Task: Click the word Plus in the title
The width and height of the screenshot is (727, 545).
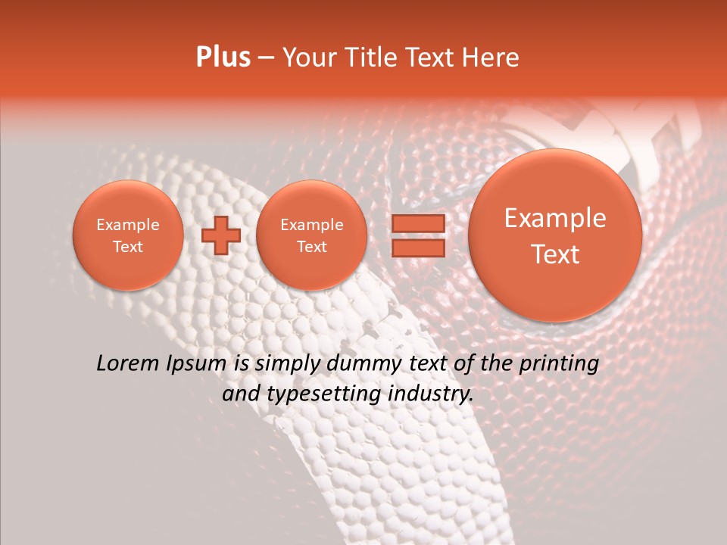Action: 223,58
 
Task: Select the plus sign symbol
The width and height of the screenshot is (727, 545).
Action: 220,235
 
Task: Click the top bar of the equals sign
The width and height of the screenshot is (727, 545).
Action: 417,223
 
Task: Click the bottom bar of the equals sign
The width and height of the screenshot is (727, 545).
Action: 417,248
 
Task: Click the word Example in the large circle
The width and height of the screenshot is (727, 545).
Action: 555,218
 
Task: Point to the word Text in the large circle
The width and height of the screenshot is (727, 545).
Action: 555,254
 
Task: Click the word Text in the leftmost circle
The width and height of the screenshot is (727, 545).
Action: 128,247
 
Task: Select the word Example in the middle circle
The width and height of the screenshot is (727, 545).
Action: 311,225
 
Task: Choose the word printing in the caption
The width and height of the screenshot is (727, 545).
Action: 558,364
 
